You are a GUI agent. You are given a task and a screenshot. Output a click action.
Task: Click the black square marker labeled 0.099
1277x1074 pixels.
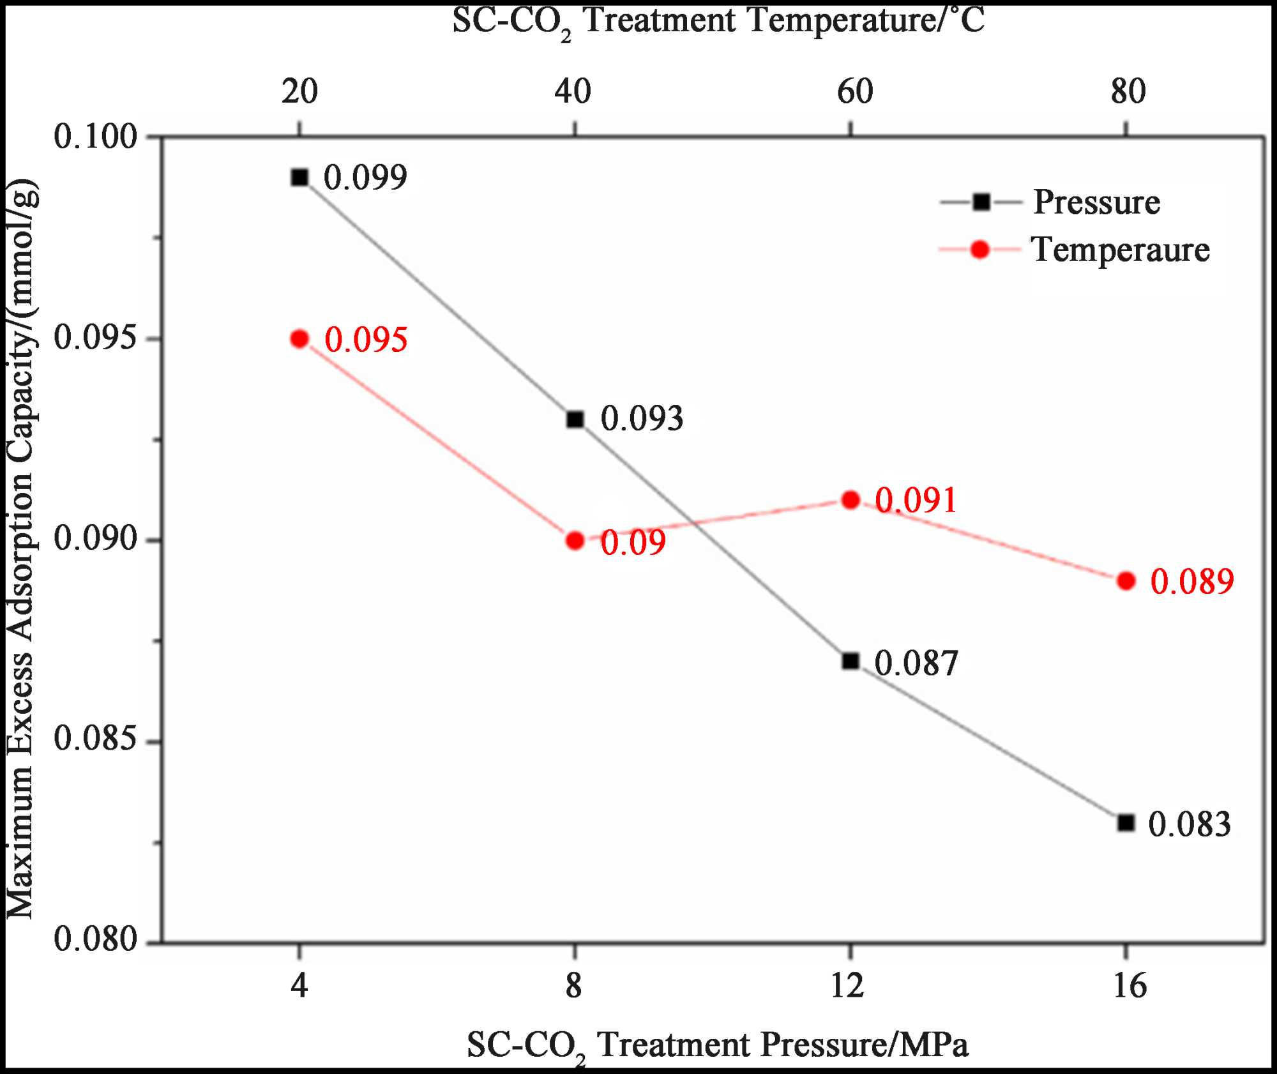tap(299, 178)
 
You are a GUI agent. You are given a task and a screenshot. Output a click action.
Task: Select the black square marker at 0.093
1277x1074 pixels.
tap(575, 420)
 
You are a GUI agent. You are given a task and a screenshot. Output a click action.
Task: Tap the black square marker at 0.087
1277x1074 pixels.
tap(850, 662)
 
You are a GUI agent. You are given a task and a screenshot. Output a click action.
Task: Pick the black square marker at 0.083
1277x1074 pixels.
tap(1126, 823)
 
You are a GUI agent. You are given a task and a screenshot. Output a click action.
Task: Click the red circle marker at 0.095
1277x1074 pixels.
tap(299, 339)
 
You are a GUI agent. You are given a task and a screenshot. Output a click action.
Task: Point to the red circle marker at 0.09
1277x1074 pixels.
tap(575, 541)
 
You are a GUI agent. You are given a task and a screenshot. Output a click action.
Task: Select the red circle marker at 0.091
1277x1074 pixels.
tap(850, 500)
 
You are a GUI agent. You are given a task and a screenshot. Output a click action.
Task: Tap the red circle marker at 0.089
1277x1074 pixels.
tap(1126, 581)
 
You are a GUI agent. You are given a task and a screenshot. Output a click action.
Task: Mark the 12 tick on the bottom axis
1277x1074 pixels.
tap(848, 985)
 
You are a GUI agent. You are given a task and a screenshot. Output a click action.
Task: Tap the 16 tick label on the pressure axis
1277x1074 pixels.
tap(1130, 985)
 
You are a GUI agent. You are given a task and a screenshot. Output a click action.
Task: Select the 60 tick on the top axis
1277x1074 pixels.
tap(854, 91)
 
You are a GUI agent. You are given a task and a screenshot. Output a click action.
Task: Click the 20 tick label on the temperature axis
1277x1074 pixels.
tap(299, 91)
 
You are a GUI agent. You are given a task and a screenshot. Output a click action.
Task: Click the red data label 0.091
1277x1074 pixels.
tap(916, 500)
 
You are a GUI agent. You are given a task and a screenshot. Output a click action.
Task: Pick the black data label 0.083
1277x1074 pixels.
tap(1189, 824)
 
